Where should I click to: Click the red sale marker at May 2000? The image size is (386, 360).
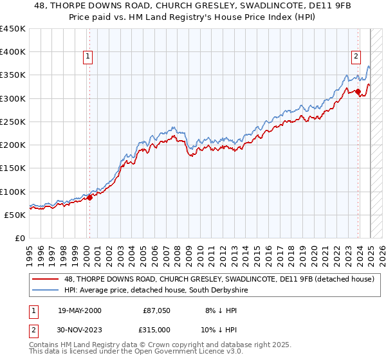click(x=90, y=197)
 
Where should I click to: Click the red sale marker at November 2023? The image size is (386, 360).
click(x=358, y=91)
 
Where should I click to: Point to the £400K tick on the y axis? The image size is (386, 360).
click(x=13, y=52)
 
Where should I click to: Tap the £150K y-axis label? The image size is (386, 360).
click(x=13, y=168)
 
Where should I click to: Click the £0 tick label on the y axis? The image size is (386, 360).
click(x=19, y=238)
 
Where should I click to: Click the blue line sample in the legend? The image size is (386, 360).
click(x=46, y=291)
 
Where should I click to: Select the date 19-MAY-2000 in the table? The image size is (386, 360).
click(x=79, y=310)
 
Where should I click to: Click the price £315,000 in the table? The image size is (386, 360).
click(x=156, y=328)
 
